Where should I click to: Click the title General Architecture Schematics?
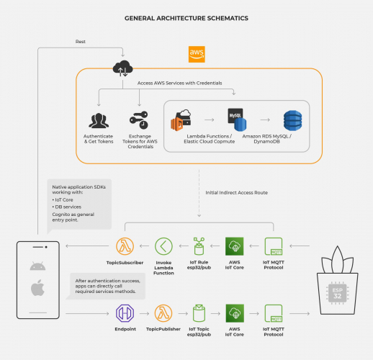coord(186,17)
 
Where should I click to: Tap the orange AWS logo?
coord(196,54)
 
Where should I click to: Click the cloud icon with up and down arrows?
coord(122,68)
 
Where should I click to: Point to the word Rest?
coord(81,42)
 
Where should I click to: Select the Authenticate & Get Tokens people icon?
coord(99,120)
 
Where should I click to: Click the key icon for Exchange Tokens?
coord(139,120)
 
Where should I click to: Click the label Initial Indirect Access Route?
coord(236,192)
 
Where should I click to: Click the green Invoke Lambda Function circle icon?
coord(164,246)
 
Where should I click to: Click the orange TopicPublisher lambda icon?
coord(163,312)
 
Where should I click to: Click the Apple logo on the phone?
coord(38,289)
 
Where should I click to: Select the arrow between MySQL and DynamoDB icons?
coord(265,120)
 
